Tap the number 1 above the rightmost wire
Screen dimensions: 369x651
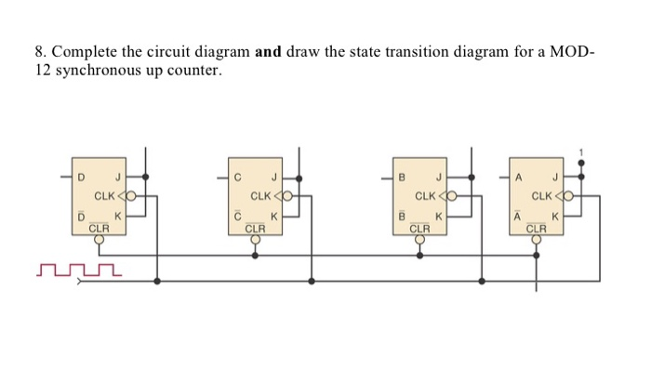583,150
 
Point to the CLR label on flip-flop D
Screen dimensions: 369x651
100,227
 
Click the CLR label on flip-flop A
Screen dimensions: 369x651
537,227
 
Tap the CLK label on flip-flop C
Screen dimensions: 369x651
261,196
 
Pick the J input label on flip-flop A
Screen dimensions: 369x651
555,177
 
